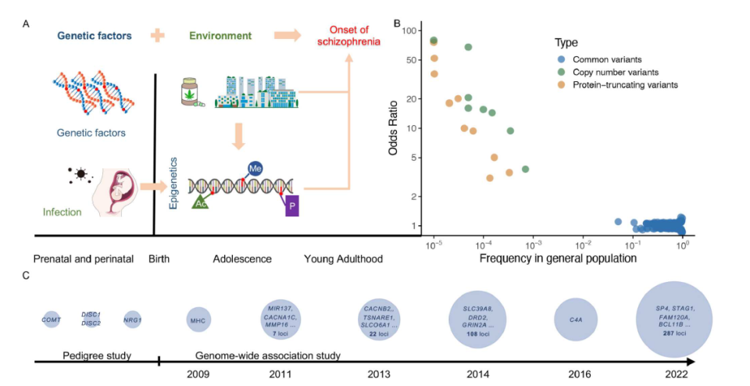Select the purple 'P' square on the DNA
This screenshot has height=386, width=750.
tap(292, 206)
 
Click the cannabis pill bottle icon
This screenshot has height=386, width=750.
tap(190, 93)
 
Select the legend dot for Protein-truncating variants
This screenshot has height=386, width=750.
tap(557, 84)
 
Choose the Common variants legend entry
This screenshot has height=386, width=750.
tap(602, 59)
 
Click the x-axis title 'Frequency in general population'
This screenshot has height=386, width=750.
tap(558, 258)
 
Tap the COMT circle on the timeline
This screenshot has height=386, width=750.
tap(52, 319)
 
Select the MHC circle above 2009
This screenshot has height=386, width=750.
tap(197, 320)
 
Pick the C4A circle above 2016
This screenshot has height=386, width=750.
tap(576, 319)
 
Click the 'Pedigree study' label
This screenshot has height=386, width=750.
tap(95, 356)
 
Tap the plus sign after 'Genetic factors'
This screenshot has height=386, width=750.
tap(159, 36)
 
